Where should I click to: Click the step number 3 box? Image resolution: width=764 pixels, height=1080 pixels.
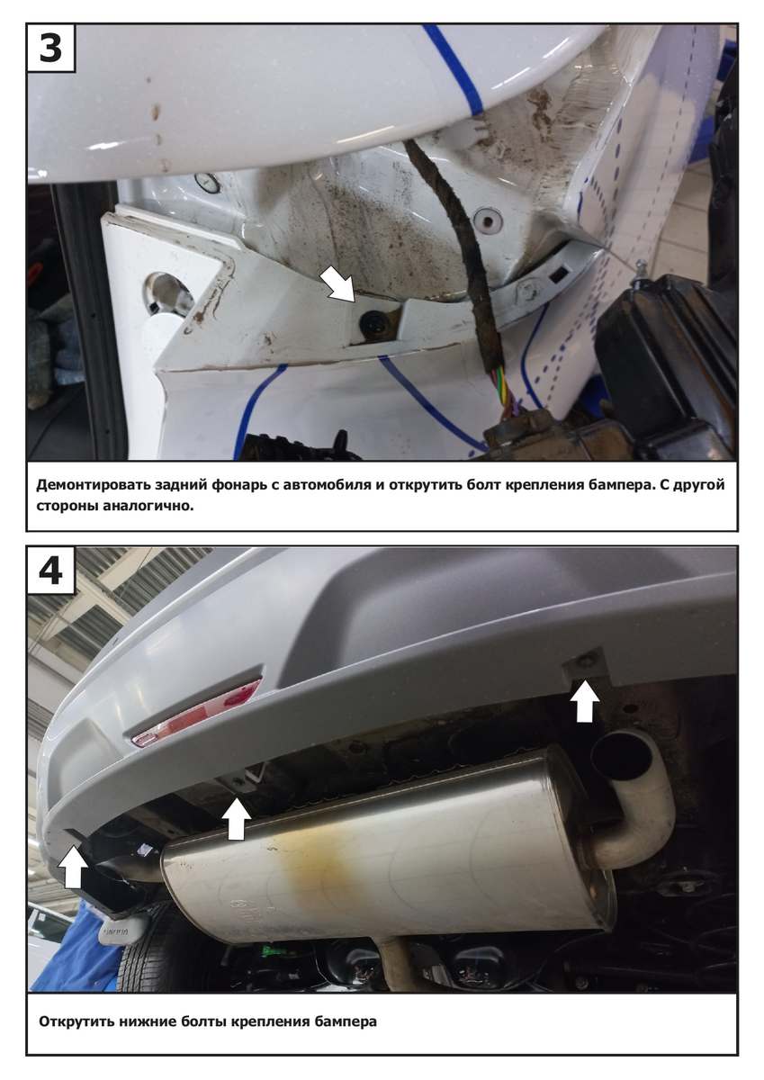pyautogui.click(x=50, y=48)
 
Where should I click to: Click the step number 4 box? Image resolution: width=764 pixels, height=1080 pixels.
pyautogui.click(x=50, y=571)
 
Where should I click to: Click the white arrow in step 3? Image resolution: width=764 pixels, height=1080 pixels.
pyautogui.click(x=337, y=285)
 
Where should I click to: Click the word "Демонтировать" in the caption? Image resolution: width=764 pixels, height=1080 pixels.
pyautogui.click(x=93, y=484)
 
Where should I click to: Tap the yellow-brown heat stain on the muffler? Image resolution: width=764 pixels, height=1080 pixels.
pyautogui.click(x=313, y=868)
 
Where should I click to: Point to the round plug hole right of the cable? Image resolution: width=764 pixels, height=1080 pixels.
pyautogui.click(x=489, y=220)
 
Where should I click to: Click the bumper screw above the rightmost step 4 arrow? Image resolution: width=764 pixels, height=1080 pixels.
pyautogui.click(x=586, y=659)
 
